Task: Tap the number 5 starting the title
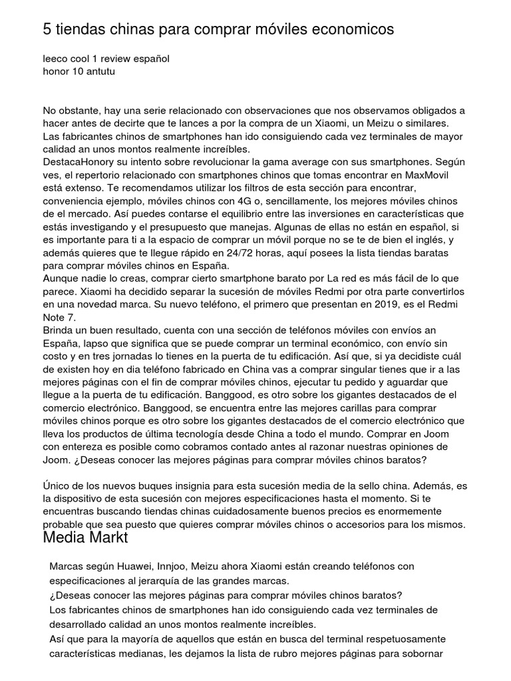click(47, 30)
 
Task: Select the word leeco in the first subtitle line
click(56, 59)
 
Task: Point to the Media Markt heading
click(85, 538)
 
